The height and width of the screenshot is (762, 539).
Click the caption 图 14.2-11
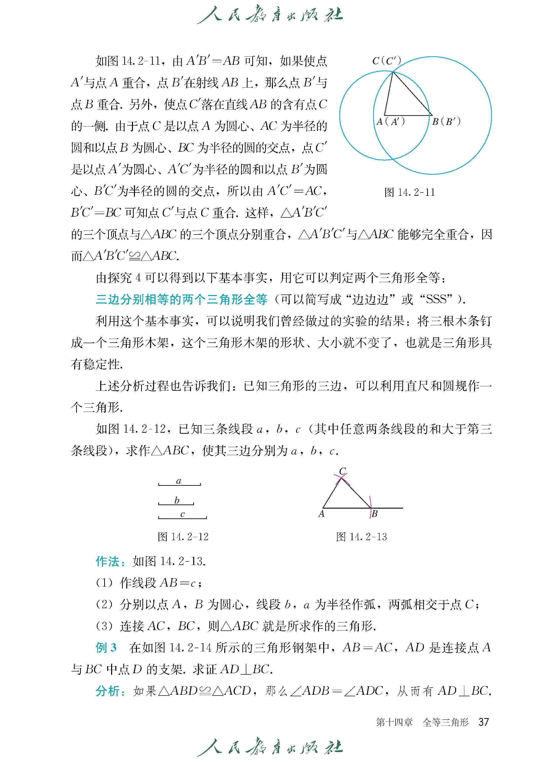409,192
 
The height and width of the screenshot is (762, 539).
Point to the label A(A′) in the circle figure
390,122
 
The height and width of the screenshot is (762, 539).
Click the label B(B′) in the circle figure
446,122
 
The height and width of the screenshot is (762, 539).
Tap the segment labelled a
179,485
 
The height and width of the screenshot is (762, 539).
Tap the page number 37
484,722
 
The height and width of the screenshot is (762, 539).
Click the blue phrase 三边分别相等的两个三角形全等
182,299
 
